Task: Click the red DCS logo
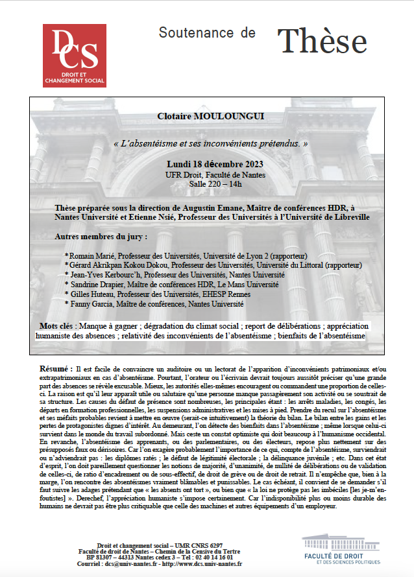(75, 56)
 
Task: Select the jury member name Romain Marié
(90, 256)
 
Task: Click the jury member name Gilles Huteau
(90, 294)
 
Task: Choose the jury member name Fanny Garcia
(89, 303)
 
